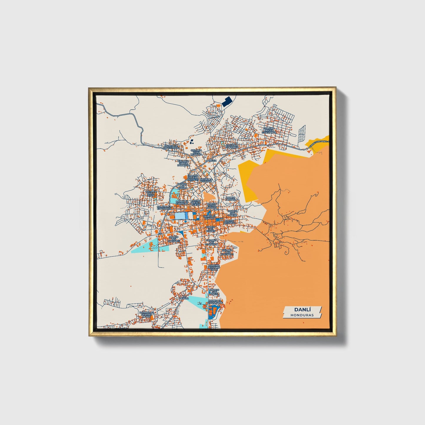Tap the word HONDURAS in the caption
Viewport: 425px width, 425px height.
coord(302,315)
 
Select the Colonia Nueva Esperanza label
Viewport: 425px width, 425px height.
coord(269,130)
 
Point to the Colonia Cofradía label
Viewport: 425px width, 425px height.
coord(232,146)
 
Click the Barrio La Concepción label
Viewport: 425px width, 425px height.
coord(171,146)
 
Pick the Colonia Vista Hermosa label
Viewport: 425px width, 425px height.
coord(196,152)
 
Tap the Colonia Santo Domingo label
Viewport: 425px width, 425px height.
coord(184,163)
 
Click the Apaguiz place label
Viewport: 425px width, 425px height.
coord(211,161)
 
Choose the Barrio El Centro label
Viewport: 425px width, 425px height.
coord(209,217)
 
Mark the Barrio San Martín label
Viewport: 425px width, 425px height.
coord(233,213)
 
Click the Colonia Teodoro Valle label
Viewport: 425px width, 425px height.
coord(214,267)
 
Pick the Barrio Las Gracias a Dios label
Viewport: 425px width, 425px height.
coord(146,314)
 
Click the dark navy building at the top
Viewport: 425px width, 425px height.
coord(226,102)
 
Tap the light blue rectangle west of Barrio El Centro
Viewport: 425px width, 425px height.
coord(180,216)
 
